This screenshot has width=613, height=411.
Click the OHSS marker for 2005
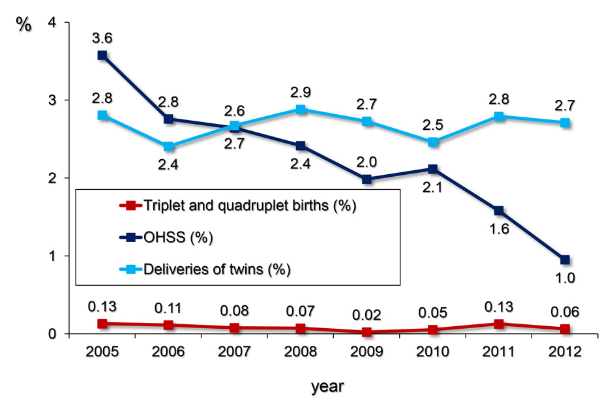pyautogui.click(x=102, y=55)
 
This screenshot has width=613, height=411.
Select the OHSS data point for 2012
pyautogui.click(x=564, y=260)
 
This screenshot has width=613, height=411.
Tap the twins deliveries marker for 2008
pyautogui.click(x=301, y=109)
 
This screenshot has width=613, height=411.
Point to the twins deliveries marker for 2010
pyautogui.click(x=432, y=142)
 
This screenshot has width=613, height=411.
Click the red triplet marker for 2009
pyautogui.click(x=366, y=332)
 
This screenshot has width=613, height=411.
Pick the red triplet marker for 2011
pyautogui.click(x=498, y=324)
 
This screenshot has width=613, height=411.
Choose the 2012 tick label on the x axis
pyautogui.click(x=564, y=352)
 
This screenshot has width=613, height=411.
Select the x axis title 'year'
pyautogui.click(x=326, y=386)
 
